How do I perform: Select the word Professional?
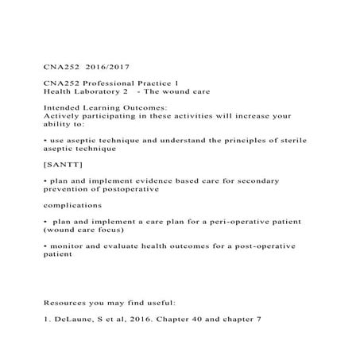tap(103, 83)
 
